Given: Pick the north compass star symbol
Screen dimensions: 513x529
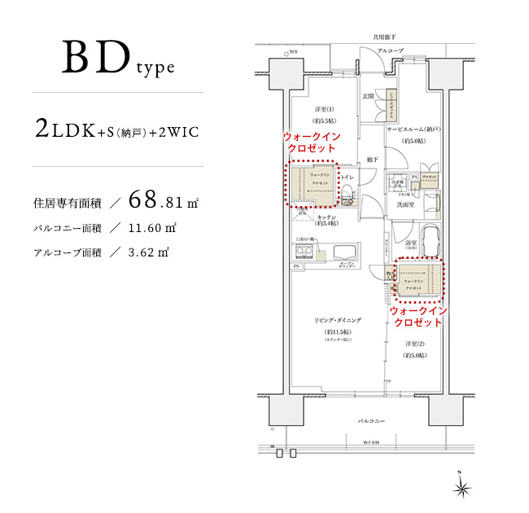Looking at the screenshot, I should point(462,487).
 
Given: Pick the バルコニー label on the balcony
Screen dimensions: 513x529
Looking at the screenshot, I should point(372,419).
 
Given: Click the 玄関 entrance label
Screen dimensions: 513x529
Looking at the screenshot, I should point(369,96).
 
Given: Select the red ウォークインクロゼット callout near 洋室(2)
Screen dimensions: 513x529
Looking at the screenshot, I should point(417,317).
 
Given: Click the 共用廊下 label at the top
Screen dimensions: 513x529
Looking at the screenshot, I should point(383,37).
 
